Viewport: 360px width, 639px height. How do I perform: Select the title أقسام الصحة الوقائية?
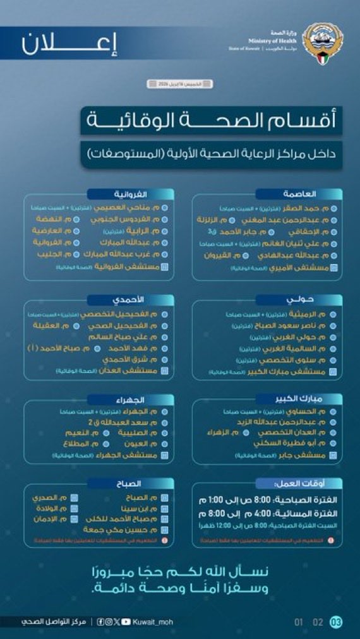(211, 120)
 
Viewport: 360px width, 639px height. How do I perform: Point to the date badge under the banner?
(179, 83)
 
